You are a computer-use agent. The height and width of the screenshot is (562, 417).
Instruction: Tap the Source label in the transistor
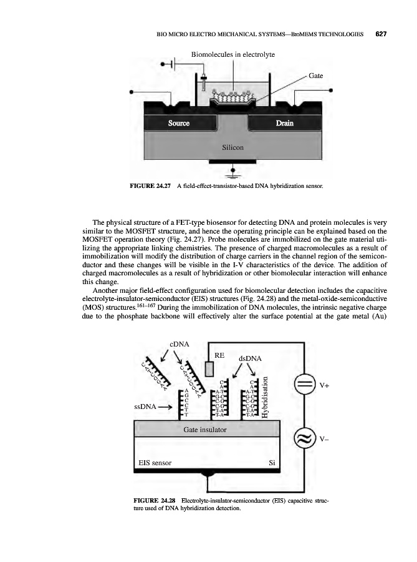(180, 123)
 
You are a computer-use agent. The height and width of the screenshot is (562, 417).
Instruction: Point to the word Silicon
(232, 148)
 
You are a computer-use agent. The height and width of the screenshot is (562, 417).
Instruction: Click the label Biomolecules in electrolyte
(232, 55)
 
